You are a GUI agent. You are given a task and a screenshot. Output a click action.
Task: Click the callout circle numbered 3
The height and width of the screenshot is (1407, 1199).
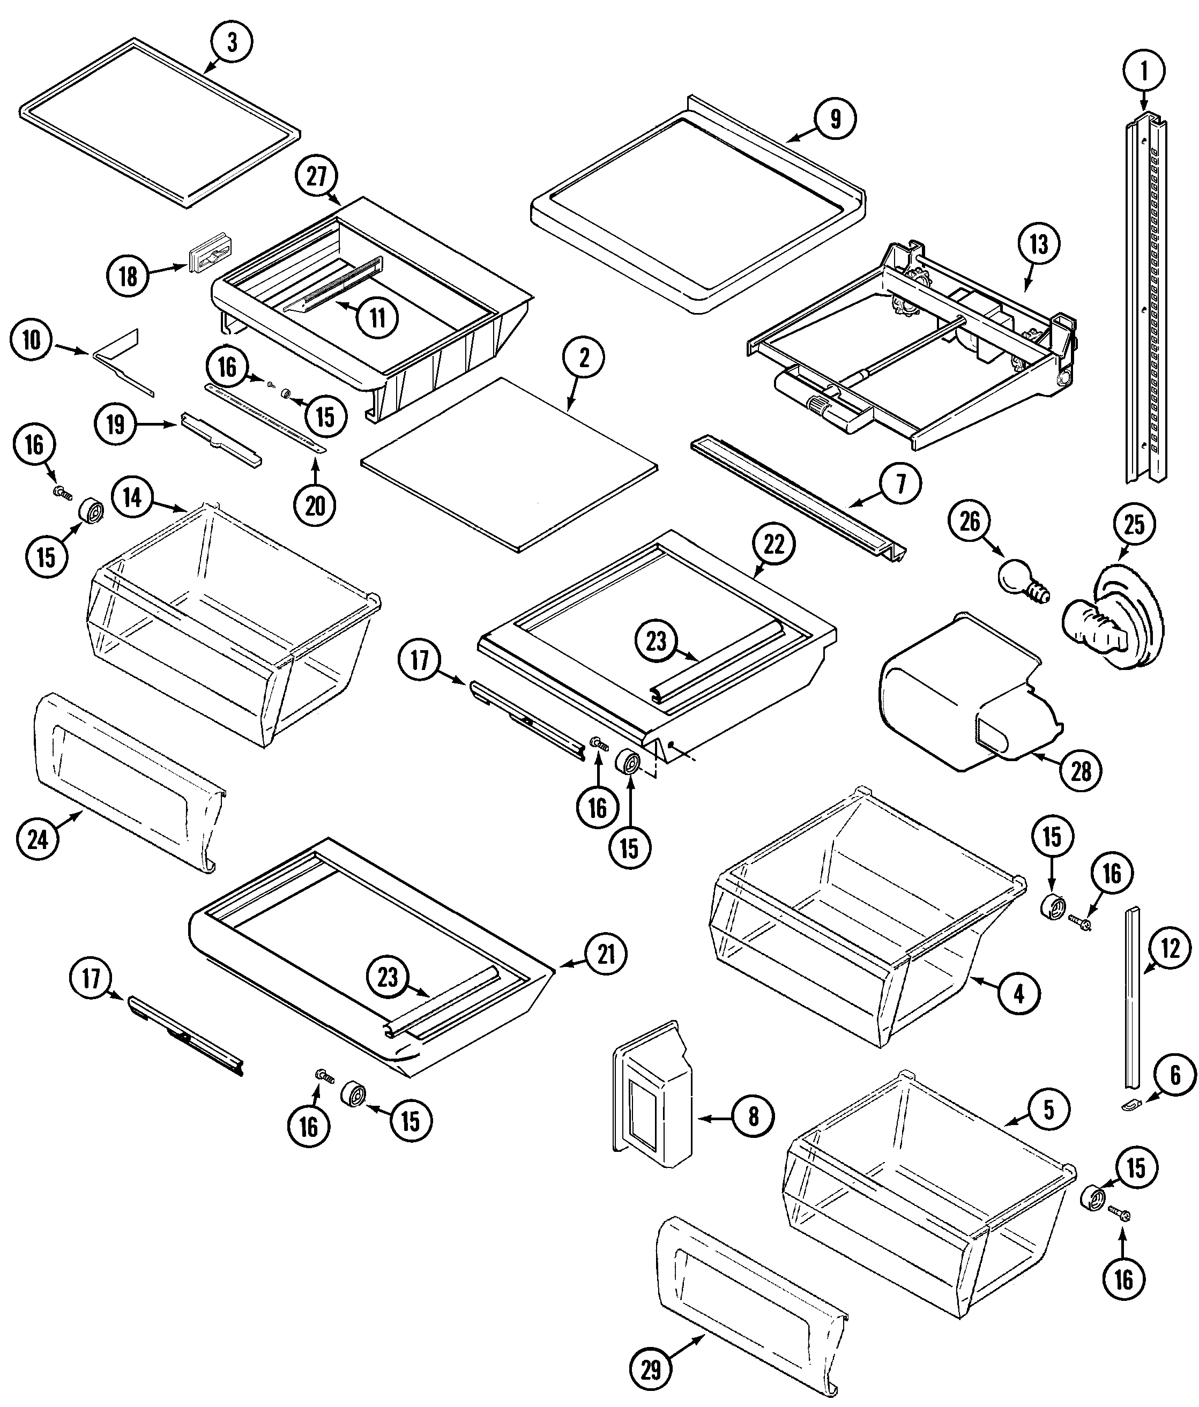[232, 42]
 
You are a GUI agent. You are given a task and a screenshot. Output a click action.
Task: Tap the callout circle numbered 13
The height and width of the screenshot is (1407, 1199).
[1039, 244]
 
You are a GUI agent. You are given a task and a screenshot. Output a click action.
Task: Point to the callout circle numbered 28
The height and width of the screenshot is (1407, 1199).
[1081, 771]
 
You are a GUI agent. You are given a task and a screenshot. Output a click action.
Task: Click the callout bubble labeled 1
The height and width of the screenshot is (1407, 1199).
[1144, 71]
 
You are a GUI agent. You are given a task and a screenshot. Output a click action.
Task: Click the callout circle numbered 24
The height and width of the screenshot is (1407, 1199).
[38, 839]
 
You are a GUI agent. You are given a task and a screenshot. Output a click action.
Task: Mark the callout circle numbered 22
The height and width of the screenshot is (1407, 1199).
[773, 544]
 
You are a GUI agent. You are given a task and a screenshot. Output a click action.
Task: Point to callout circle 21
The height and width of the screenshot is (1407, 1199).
[606, 955]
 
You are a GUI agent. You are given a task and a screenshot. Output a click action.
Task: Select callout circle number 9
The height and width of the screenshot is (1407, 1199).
[835, 119]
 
